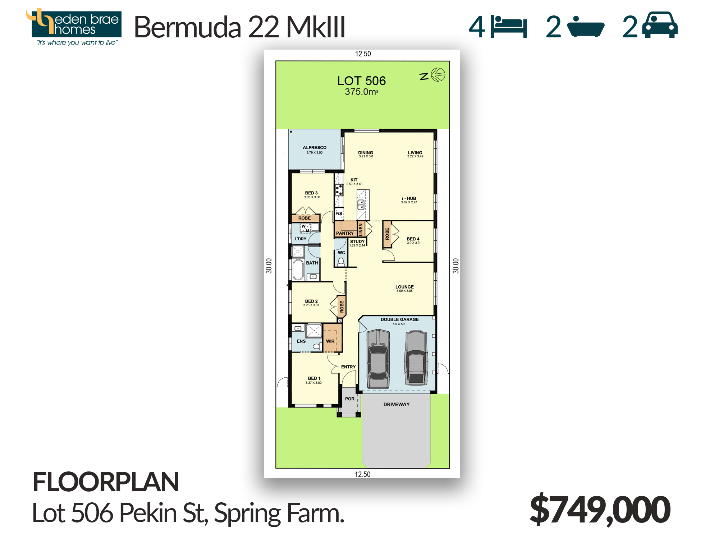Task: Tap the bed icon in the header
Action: point(508,27)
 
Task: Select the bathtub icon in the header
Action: point(586,27)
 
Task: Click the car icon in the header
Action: point(660,25)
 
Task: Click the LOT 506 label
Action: point(361,81)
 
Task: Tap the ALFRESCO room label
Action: point(315,148)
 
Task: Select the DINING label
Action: point(366,153)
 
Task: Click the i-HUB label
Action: point(409,198)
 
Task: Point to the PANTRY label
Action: point(345,233)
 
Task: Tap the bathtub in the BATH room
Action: point(298,269)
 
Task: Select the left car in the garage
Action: point(378,359)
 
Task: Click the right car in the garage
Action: point(416,358)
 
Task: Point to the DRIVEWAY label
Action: point(397,405)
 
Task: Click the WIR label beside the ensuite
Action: point(330,341)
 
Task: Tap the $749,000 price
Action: point(600,510)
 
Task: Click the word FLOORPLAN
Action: point(106,482)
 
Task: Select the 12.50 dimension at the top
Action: point(363,54)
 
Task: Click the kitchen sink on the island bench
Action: point(361,205)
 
